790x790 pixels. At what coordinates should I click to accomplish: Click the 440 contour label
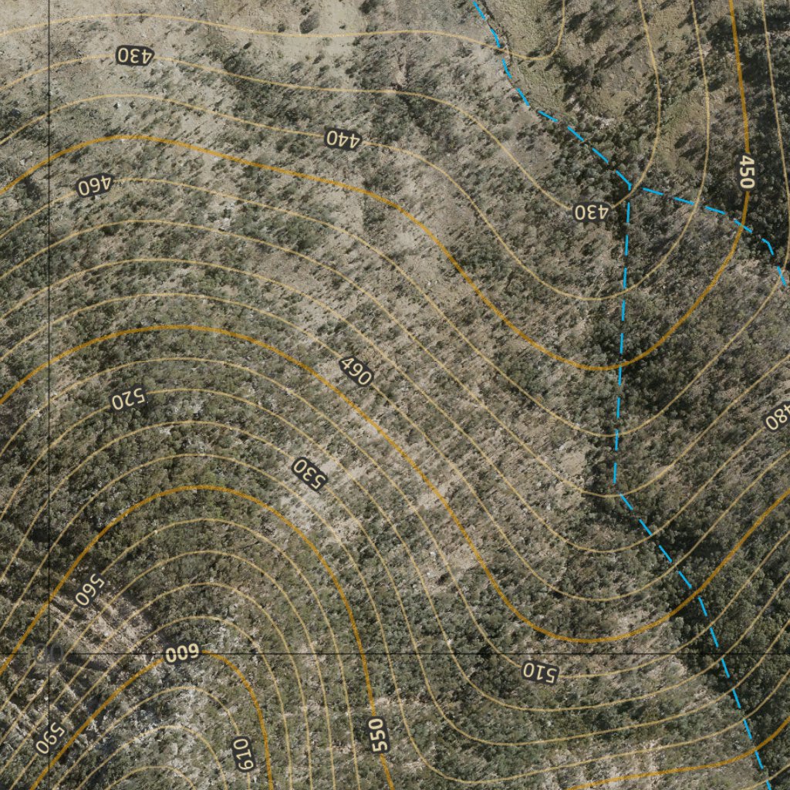(343, 139)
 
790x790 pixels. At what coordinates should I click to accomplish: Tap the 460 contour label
(95, 185)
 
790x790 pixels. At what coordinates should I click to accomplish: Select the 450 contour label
(746, 172)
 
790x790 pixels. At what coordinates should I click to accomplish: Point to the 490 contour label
(356, 372)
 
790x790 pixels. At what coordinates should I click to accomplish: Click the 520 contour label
(128, 400)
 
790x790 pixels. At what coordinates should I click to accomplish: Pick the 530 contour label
(309, 473)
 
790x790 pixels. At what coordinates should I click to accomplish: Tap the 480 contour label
(778, 417)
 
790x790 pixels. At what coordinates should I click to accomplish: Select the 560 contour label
(89, 590)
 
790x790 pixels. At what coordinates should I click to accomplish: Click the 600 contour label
(182, 654)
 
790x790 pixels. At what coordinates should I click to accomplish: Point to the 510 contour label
(540, 671)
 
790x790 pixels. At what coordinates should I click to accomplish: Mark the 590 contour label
(50, 738)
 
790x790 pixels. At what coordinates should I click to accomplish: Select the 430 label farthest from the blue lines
(135, 56)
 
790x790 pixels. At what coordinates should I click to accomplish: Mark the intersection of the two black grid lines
(49, 653)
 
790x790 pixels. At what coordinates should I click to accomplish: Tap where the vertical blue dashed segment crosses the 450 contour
(620, 366)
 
